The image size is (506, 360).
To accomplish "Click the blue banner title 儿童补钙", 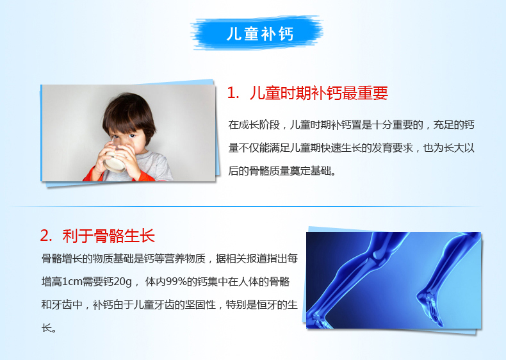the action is (260, 33).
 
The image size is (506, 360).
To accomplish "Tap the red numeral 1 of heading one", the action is (231, 94).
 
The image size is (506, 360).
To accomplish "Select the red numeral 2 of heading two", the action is (44, 236).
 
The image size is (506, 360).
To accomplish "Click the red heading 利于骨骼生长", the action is (109, 236).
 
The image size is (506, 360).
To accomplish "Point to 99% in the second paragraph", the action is (177, 282).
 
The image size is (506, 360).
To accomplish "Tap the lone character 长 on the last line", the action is (47, 328).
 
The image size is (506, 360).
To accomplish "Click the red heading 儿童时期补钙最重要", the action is (318, 94).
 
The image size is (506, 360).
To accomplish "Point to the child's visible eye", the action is (132, 136).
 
